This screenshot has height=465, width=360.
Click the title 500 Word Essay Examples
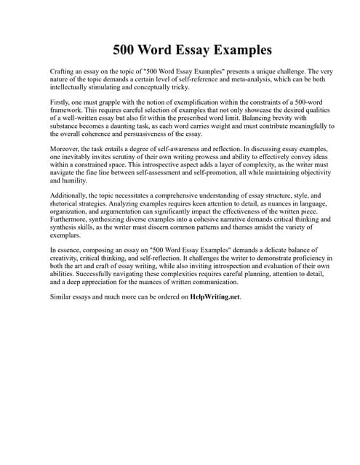(x=192, y=50)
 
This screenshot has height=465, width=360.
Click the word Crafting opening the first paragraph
(x=63, y=73)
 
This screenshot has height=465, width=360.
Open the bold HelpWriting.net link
(x=215, y=297)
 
